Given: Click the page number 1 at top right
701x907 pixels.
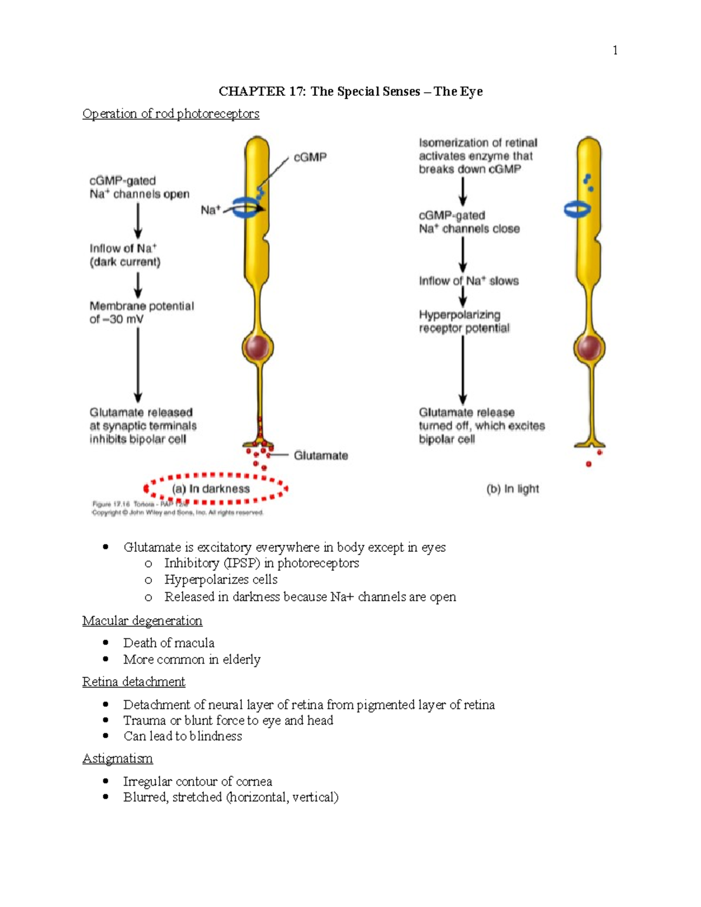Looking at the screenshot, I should pyautogui.click(x=615, y=50).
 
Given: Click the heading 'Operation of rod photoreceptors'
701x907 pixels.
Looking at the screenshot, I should pyautogui.click(x=171, y=113).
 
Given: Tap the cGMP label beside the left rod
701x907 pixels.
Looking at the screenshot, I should pyautogui.click(x=310, y=157).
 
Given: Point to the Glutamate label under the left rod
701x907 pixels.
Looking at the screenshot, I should pyautogui.click(x=321, y=456).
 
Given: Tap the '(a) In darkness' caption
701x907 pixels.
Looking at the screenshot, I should pyautogui.click(x=211, y=489).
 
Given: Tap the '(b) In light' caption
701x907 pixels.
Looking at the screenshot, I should pyautogui.click(x=513, y=489).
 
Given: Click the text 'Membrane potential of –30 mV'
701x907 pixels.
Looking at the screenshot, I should pyautogui.click(x=141, y=312).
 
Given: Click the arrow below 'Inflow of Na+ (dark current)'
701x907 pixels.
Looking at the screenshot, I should pyautogui.click(x=138, y=286).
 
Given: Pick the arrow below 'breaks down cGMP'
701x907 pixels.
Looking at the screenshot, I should pyautogui.click(x=463, y=192).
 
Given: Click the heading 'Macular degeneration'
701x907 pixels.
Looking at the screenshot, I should pyautogui.click(x=142, y=620).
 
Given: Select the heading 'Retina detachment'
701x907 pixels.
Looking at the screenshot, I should pyautogui.click(x=133, y=682).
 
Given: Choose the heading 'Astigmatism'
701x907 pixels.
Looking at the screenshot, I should pyautogui.click(x=117, y=758).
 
